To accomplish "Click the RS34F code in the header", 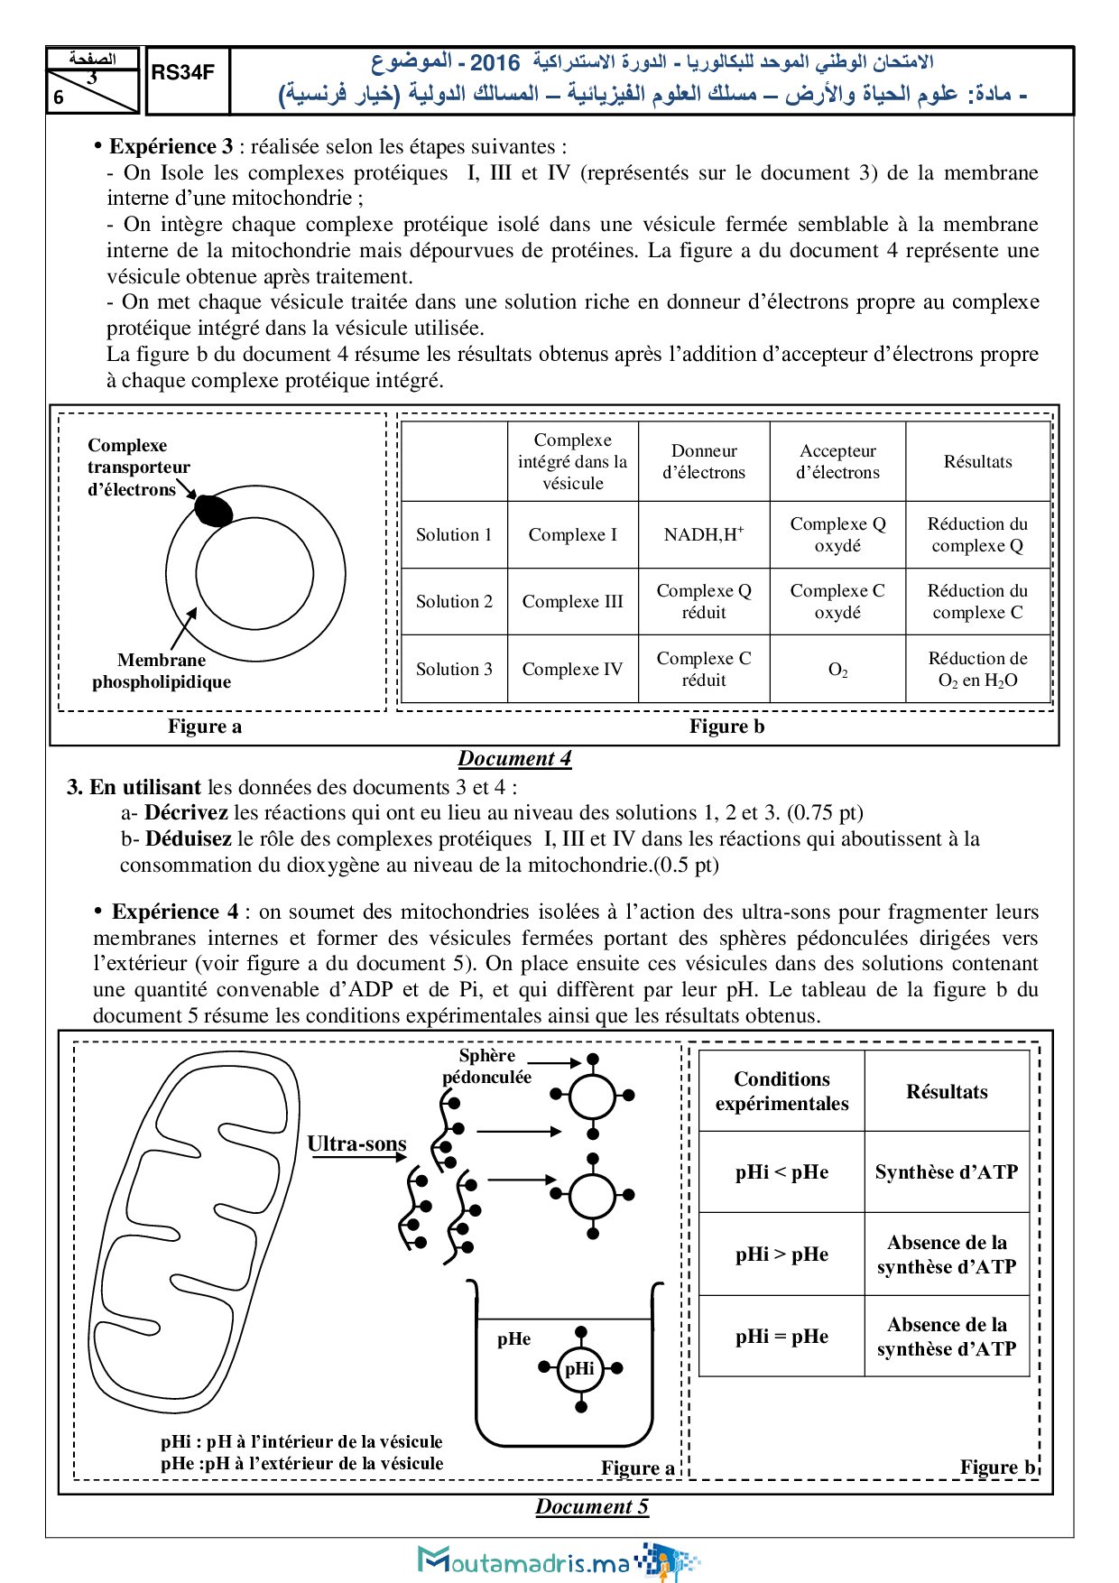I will click(183, 73).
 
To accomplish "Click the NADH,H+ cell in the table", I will click(704, 534).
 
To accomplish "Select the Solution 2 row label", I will click(454, 601).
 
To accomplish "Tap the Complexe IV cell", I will click(572, 669).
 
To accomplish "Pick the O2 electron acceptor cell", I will click(837, 670).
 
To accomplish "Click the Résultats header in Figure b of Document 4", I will click(977, 461).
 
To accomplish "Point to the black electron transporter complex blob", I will click(214, 510).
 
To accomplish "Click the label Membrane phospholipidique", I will click(162, 671).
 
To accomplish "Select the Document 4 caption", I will click(514, 758).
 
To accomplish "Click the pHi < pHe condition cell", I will click(781, 1171).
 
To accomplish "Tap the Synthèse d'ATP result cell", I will click(947, 1171).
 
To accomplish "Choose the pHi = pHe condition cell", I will click(781, 1336).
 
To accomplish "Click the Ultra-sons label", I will click(356, 1143).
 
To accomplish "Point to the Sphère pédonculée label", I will click(487, 1066).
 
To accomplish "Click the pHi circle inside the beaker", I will click(579, 1368).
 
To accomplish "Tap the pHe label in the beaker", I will click(513, 1338).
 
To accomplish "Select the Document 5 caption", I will click(592, 1506).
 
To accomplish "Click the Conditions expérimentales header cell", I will click(781, 1090).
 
